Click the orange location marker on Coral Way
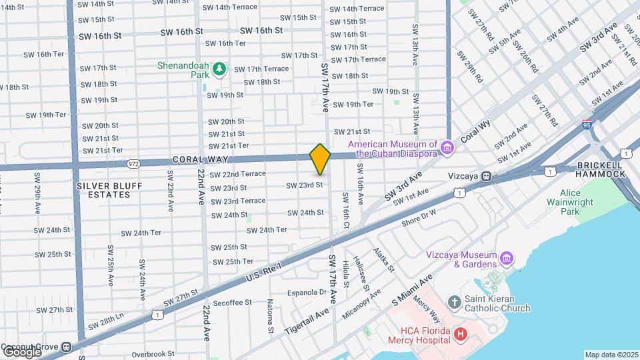point(320,159)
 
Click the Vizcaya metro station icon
point(487,177)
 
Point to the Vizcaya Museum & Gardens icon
point(507,257)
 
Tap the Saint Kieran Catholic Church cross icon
point(455,303)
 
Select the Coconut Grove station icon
point(66,347)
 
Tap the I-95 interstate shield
point(586,125)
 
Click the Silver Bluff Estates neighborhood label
point(103,189)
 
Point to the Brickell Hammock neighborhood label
point(599,169)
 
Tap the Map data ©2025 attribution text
point(611,355)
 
